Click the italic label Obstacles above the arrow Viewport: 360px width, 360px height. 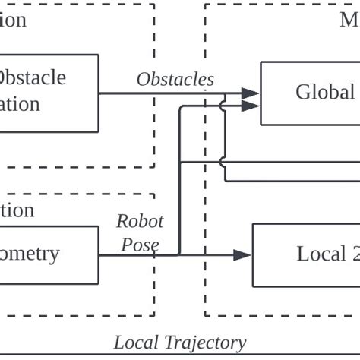click(x=175, y=79)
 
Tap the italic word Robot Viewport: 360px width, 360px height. click(x=139, y=221)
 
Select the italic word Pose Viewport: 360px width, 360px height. click(x=140, y=245)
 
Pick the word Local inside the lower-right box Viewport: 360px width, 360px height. click(x=321, y=254)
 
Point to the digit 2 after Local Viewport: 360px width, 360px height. click(x=355, y=254)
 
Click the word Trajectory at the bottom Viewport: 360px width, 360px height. click(x=204, y=343)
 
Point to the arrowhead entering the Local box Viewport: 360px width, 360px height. click(x=242, y=255)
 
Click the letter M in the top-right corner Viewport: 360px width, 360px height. click(x=349, y=19)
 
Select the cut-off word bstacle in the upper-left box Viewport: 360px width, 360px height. click(x=32, y=77)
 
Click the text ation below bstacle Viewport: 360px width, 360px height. click(x=20, y=103)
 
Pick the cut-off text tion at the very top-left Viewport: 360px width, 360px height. click(x=13, y=19)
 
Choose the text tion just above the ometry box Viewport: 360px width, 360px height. click(x=17, y=210)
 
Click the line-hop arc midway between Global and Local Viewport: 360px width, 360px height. click(x=223, y=162)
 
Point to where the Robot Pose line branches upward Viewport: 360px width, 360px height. click(x=178, y=255)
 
